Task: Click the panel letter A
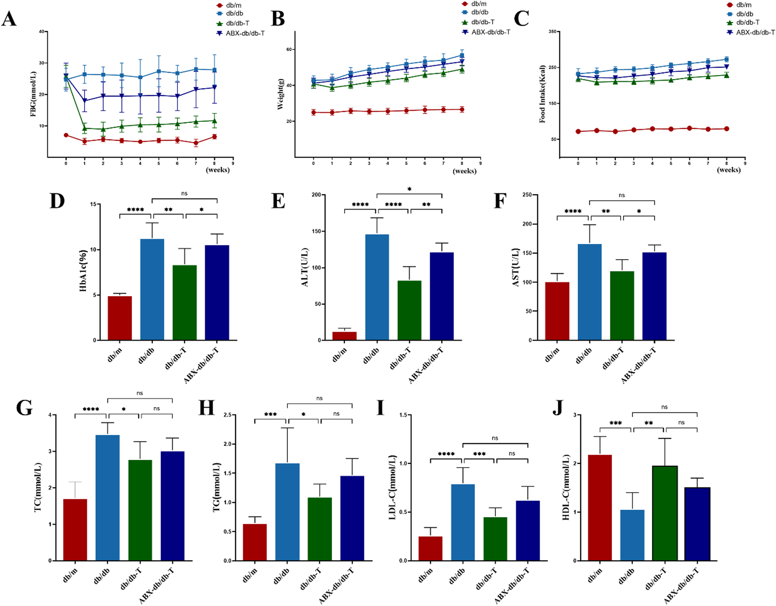tap(9, 19)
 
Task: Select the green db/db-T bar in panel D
tap(184, 302)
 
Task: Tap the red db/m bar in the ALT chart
tap(344, 336)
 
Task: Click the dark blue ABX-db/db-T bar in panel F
tap(654, 296)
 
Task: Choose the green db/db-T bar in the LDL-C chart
tap(495, 539)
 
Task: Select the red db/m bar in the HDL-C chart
tap(600, 507)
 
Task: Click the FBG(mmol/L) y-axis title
tap(33, 94)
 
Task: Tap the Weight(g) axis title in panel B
tap(281, 94)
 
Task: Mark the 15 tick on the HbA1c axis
tap(93, 204)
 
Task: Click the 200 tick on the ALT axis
tap(316, 195)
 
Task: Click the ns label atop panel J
tap(664, 407)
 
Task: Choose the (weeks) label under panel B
tap(464, 171)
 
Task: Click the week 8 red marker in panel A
tap(214, 137)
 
